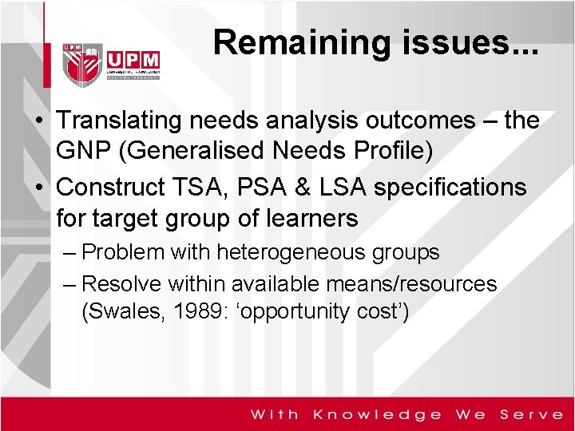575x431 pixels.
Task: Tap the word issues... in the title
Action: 466,42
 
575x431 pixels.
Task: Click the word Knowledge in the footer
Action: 378,414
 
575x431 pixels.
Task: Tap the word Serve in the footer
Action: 531,414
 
